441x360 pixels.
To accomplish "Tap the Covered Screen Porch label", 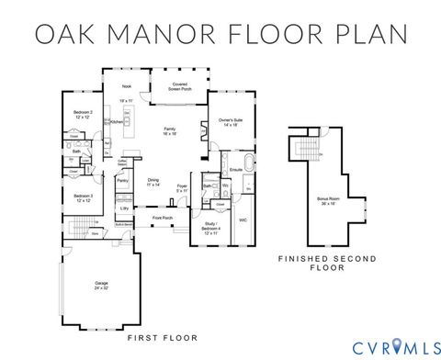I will pyautogui.click(x=180, y=86).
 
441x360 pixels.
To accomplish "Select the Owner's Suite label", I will pyautogui.click(x=230, y=122).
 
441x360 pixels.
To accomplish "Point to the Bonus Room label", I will pyautogui.click(x=327, y=200).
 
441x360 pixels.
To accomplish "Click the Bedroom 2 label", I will pyautogui.click(x=83, y=114).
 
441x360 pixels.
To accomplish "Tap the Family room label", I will pyautogui.click(x=170, y=130).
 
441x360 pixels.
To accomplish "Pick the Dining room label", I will pyautogui.click(x=153, y=183).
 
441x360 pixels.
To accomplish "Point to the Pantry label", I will pyautogui.click(x=122, y=182).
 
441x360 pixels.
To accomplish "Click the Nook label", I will pyautogui.click(x=127, y=85).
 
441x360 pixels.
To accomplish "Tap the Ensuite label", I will pyautogui.click(x=236, y=170).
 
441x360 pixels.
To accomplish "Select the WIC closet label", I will pyautogui.click(x=243, y=220).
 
